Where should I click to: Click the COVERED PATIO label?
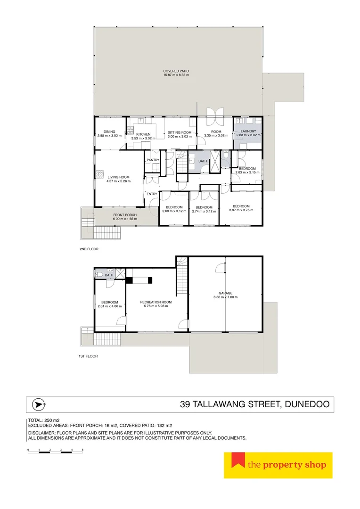tap(176, 71)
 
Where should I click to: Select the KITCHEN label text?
tap(143, 134)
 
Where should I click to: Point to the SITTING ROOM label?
tap(180, 132)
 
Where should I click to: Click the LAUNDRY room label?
tap(248, 131)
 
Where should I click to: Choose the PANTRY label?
tap(153, 160)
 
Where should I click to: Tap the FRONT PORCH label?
tap(111, 215)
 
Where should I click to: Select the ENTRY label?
tap(152, 194)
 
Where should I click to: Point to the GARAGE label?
tap(225, 293)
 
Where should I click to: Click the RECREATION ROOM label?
tap(155, 302)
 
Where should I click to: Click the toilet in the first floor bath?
tap(99, 275)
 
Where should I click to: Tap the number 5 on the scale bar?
tap(82, 450)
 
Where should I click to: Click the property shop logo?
tap(278, 465)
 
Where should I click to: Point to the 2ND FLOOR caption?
tap(89, 249)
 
